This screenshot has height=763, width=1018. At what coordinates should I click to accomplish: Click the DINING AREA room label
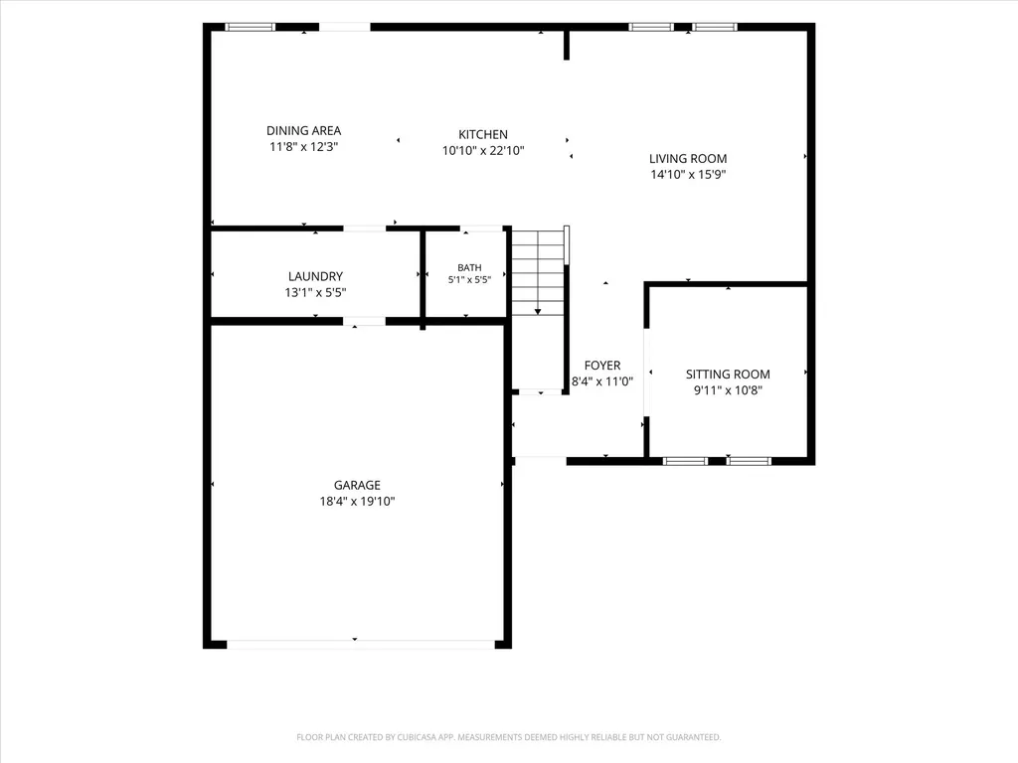tap(303, 130)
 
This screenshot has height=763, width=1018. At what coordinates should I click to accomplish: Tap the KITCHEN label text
tap(483, 134)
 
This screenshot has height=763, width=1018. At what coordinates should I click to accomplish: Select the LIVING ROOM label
tap(688, 158)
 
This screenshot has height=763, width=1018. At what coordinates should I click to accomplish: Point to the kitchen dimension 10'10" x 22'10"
tap(483, 151)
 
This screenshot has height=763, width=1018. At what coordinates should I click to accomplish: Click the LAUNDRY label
tap(315, 276)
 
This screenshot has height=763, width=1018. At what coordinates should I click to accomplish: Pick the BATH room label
tap(469, 267)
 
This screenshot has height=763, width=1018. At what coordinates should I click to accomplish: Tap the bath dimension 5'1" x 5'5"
tap(469, 279)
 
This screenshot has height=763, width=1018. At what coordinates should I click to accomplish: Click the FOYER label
tap(601, 366)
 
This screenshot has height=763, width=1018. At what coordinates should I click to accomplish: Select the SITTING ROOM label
tap(728, 375)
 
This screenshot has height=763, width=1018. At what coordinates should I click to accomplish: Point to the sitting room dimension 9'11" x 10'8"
tap(728, 389)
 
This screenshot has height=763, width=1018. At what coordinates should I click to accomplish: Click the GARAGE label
tap(357, 485)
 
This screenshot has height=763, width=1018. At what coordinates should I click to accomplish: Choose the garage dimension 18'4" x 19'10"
tap(357, 501)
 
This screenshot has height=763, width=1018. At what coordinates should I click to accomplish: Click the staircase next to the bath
tap(538, 271)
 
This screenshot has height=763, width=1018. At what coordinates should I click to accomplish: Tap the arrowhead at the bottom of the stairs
tap(538, 312)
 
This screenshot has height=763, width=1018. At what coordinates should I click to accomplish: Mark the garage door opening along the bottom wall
tap(360, 644)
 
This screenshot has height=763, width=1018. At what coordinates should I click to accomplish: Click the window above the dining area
tap(250, 27)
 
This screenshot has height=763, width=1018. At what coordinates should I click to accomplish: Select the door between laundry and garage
tap(364, 321)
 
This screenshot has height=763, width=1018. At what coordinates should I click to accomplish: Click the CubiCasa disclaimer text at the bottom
tap(508, 737)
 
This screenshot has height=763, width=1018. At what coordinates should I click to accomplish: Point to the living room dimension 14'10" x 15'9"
tap(688, 174)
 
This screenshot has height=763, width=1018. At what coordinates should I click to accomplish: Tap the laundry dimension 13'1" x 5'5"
tap(315, 293)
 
